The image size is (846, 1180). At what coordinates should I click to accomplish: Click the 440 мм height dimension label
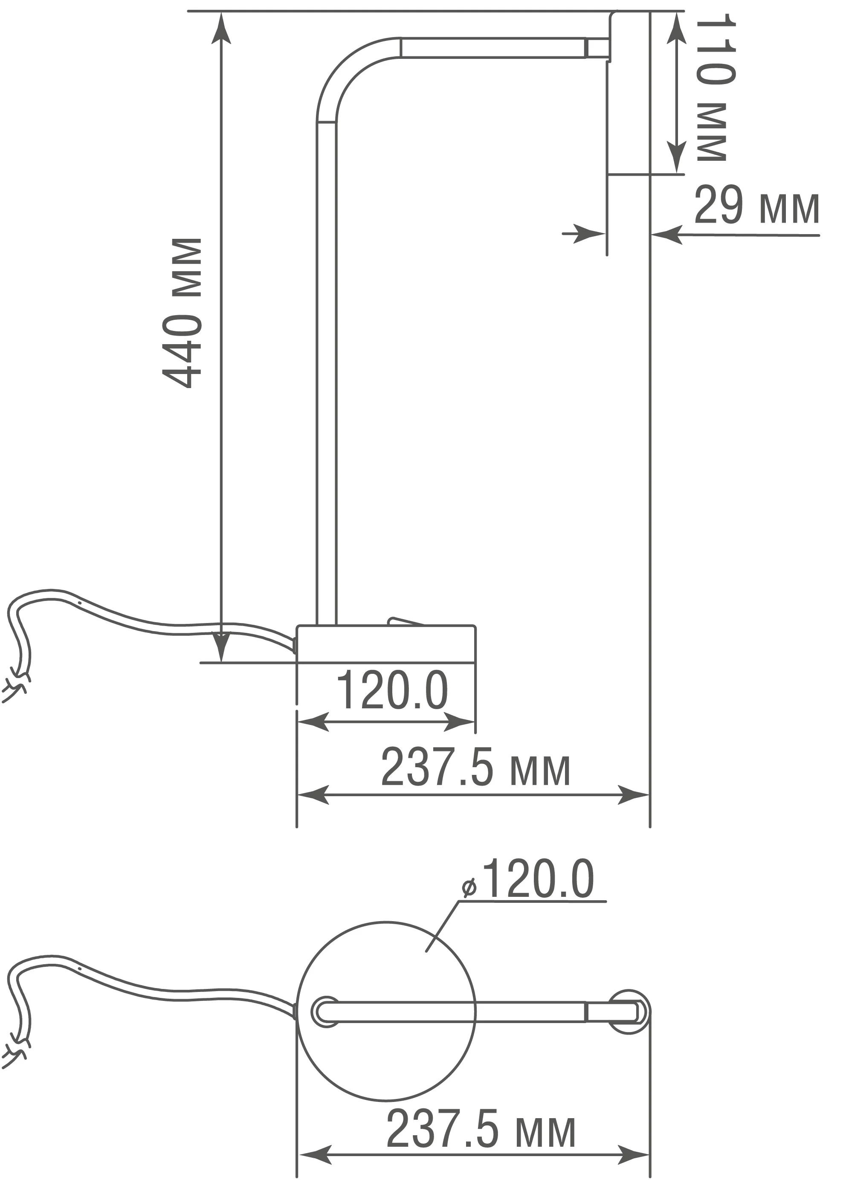[182, 313]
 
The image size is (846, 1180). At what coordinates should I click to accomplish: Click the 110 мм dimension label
[716, 87]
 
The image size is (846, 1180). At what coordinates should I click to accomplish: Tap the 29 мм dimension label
[756, 205]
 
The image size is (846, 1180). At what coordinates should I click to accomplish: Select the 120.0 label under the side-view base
[392, 690]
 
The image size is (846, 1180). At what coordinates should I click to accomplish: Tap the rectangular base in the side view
[385, 644]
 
